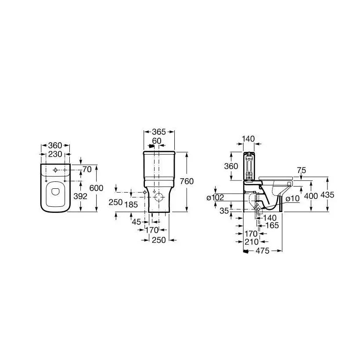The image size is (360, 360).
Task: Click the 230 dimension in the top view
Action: tap(55, 154)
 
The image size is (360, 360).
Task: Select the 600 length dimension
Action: tap(96, 188)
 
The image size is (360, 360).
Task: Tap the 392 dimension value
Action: tap(80, 196)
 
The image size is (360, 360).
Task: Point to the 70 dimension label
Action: tap(87, 169)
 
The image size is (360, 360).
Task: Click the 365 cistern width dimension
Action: tap(159, 132)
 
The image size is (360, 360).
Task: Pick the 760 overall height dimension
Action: tap(187, 181)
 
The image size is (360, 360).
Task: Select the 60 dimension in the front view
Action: tap(157, 141)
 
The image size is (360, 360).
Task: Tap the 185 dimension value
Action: tap(131, 205)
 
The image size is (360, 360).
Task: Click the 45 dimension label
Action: tap(137, 222)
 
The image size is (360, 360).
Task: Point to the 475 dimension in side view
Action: tap(263, 251)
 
